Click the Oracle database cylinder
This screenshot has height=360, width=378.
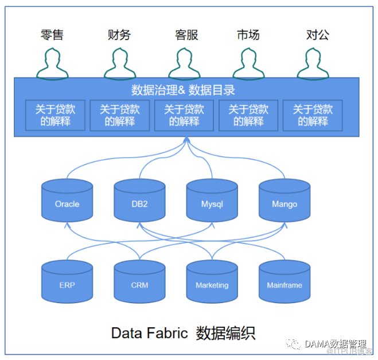point(67,200)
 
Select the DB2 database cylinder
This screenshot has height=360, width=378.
point(139,200)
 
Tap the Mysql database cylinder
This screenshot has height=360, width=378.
point(212,200)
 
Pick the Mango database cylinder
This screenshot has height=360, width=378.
point(284,200)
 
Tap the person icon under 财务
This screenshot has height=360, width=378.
point(119,63)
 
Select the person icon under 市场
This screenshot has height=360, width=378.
point(248,63)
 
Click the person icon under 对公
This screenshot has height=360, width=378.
point(313,63)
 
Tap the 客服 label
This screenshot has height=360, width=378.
point(186,34)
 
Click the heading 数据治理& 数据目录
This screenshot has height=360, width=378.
point(183,90)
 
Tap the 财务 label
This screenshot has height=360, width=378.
point(119,34)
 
